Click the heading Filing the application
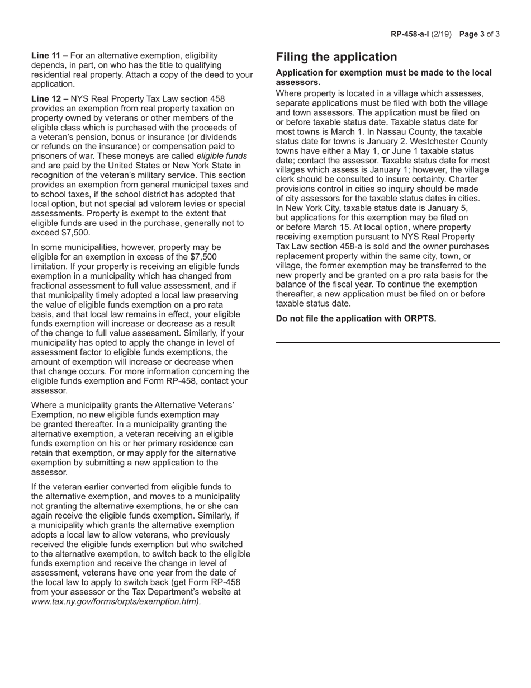coord(336,57)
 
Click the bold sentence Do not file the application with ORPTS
coord(356,319)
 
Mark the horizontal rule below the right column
coord(388,342)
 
